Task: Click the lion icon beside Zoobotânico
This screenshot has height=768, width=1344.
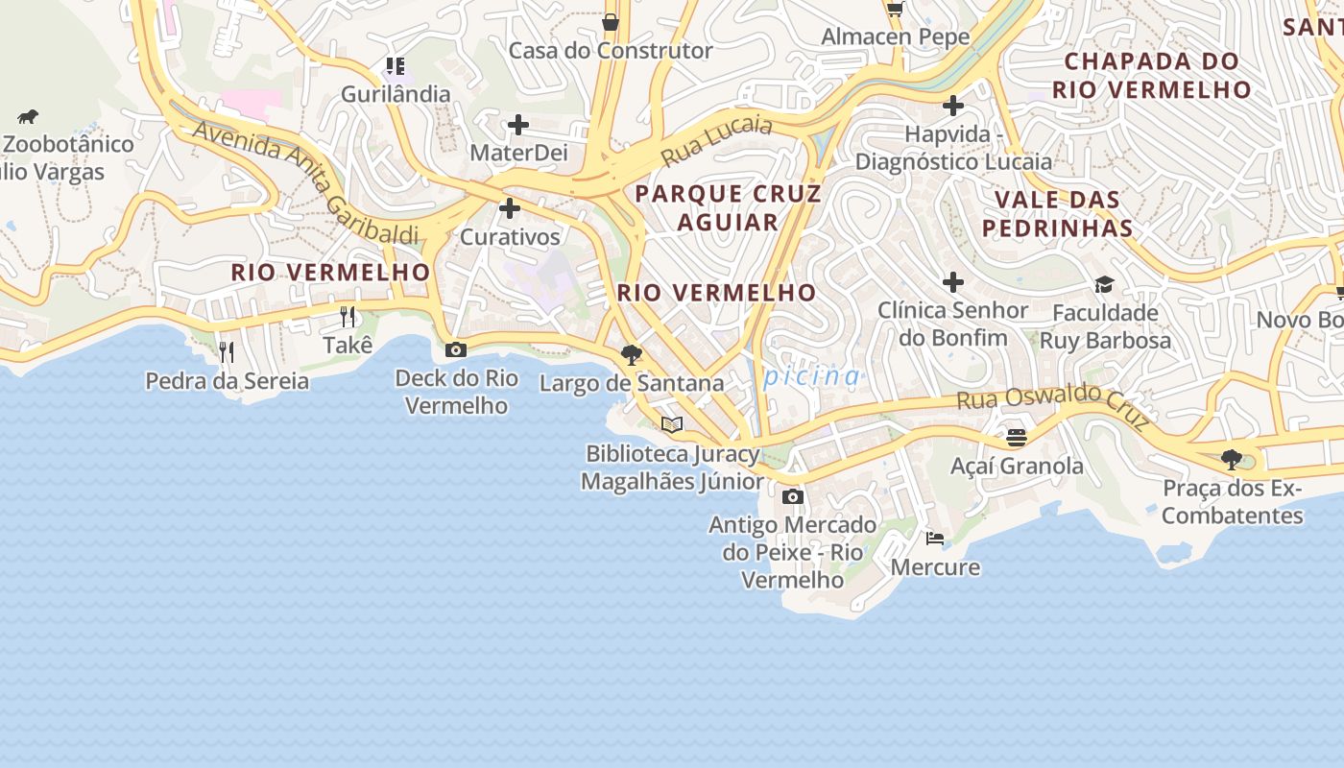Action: [28, 117]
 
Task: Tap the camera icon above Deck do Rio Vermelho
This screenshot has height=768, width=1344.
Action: [456, 349]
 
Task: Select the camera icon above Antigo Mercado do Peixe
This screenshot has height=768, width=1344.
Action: [793, 496]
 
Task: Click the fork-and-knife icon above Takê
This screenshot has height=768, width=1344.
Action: [348, 316]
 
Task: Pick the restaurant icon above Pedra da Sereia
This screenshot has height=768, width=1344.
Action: [227, 351]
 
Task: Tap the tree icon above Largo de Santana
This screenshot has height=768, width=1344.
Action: [631, 354]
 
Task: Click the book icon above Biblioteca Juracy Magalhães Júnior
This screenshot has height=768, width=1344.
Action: [672, 424]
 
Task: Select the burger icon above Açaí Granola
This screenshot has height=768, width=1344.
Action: [1017, 438]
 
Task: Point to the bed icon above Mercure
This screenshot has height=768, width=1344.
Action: [935, 538]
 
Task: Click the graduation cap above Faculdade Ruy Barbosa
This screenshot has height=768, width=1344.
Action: [1104, 284]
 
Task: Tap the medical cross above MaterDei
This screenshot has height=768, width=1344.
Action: [518, 124]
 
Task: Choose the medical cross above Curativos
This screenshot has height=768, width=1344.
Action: [510, 207]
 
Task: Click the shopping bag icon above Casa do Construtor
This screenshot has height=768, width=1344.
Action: [611, 21]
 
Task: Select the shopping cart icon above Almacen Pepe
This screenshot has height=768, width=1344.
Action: [895, 10]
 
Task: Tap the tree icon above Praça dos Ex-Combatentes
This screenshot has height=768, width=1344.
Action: [1232, 459]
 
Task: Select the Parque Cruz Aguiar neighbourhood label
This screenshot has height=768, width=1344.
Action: [728, 207]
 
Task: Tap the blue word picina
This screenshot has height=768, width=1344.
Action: [812, 376]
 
